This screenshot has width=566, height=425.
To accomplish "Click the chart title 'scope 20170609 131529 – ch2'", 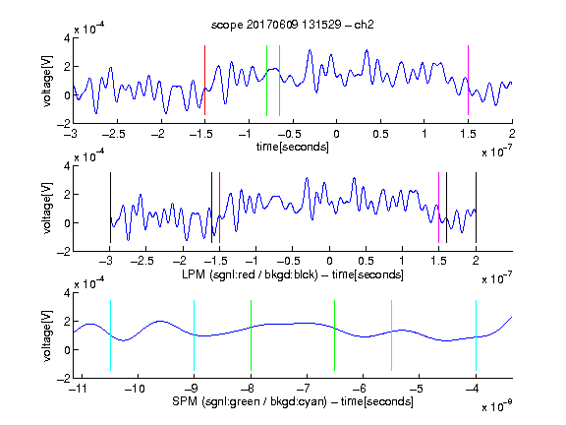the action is point(293,25).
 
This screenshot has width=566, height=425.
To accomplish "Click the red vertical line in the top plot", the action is point(204,81).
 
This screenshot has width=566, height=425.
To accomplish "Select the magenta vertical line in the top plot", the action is point(468,81).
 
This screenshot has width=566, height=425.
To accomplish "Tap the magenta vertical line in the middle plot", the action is point(438,208).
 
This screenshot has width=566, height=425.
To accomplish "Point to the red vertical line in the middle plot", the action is point(219,208).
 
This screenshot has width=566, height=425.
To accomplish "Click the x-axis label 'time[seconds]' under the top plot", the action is point(293,147).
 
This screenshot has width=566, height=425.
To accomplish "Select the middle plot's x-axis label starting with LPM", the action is point(293,274).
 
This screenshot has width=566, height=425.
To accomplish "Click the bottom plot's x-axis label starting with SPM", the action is point(293,401).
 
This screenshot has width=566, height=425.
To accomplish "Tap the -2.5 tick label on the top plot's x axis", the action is point(113,134).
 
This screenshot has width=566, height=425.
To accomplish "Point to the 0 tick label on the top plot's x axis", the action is point(336,134).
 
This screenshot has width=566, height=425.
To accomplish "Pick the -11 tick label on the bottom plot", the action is point(79,389).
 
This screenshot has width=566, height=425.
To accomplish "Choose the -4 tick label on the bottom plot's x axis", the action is point(473,389).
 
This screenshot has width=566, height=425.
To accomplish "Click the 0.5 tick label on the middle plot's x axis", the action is point(366,261).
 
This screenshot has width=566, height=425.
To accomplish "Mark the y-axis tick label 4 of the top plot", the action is point(67,38).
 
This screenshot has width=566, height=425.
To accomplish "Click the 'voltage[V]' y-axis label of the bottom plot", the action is point(47,336).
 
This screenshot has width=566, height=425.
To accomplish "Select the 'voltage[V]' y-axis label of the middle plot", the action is point(47,209).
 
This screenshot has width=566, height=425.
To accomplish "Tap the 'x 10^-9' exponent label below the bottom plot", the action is point(497,405).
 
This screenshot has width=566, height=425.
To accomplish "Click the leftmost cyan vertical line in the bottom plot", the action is point(110,335).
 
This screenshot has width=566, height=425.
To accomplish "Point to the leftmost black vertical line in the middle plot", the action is point(110,208).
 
